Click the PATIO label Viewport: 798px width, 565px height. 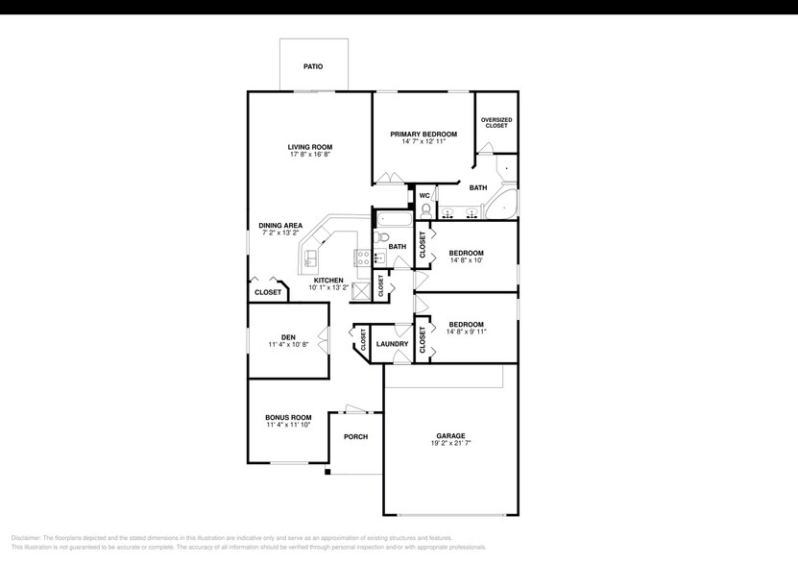[x=312, y=66]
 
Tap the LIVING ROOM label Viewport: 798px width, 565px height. [x=309, y=147]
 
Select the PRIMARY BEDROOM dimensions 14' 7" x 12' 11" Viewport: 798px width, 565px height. [x=423, y=141]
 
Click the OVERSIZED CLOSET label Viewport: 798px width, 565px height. [x=496, y=122]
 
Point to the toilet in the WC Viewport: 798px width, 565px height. [x=426, y=209]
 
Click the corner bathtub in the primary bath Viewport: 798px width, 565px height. [x=501, y=205]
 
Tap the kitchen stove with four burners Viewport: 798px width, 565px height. [x=364, y=257]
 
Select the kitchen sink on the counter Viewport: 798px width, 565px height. [x=312, y=258]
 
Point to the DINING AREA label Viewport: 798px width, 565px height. [x=280, y=226]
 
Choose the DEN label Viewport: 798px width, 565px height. [x=287, y=337]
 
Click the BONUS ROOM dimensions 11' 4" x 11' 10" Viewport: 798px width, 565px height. [x=288, y=425]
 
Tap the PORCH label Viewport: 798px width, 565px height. [x=355, y=436]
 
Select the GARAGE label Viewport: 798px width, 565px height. [x=449, y=436]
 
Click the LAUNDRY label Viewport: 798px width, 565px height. [x=392, y=344]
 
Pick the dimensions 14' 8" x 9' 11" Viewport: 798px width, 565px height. [x=466, y=332]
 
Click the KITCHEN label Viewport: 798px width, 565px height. [x=327, y=281]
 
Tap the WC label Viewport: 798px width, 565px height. [x=423, y=195]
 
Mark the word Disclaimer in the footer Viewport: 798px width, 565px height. [x=26, y=538]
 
